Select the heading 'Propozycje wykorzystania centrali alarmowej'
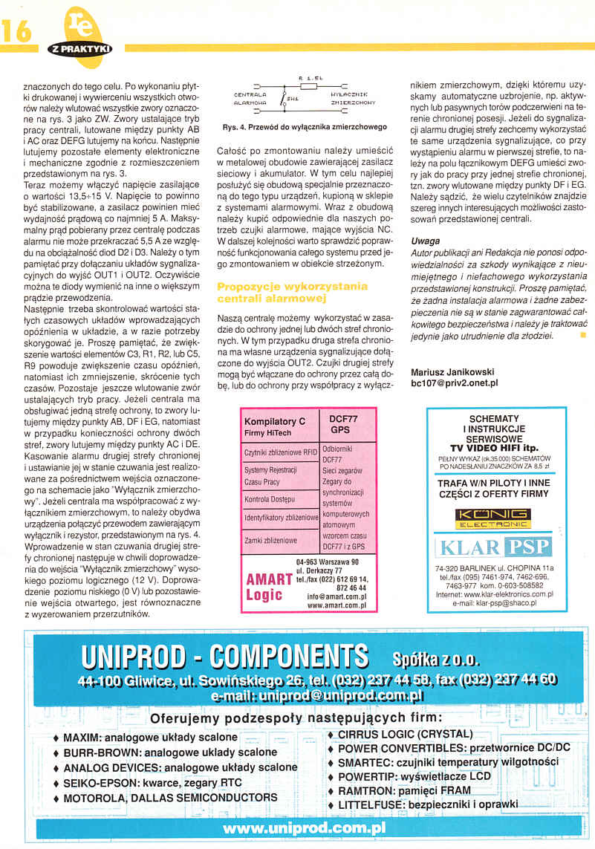292,292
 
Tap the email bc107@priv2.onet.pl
455,383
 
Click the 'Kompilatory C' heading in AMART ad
275,421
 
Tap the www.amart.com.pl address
336,605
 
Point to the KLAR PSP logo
494,548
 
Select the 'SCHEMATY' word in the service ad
494,418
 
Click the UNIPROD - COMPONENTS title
226,657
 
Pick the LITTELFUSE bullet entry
427,804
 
